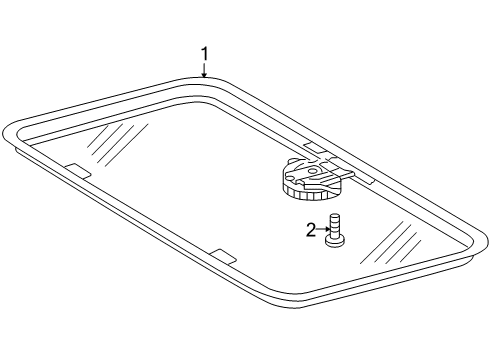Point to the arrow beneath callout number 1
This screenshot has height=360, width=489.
pos(204,70)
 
